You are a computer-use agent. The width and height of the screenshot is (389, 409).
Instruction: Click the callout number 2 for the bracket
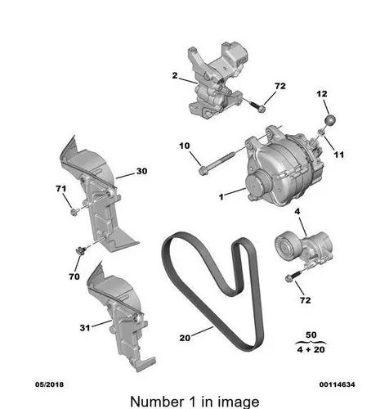click(175, 75)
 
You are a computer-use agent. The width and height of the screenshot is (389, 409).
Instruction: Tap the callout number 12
click(322, 94)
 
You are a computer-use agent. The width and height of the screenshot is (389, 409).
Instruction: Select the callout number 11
click(339, 155)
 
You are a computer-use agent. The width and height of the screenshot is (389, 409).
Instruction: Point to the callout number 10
click(185, 146)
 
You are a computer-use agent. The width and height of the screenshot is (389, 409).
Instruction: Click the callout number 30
click(141, 171)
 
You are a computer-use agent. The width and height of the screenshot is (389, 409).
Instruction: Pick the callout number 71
click(61, 189)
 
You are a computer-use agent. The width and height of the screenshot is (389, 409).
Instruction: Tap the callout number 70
click(74, 276)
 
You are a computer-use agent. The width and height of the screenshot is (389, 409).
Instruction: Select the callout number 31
click(85, 327)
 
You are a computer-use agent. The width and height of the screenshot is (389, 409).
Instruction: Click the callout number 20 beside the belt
click(185, 338)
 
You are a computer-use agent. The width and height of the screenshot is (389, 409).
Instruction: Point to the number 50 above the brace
click(311, 335)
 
